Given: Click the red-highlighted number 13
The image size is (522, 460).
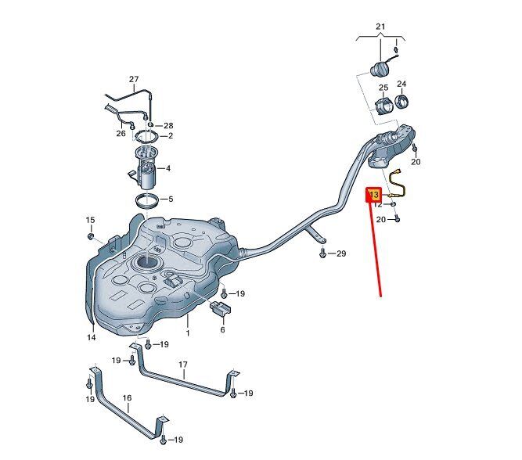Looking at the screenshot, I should tap(374, 194).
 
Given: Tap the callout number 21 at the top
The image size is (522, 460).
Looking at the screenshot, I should tap(381, 27).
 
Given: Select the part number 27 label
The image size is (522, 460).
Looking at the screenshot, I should tap(133, 79).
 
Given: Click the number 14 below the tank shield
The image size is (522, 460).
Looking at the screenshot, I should tap(91, 337).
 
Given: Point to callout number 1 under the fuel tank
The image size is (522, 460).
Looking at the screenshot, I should tap(188, 332).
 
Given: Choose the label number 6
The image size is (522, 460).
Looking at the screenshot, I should tap(222, 330).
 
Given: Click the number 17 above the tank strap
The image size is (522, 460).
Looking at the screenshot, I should tap(183, 365).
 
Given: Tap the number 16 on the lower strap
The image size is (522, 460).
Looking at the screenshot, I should tap(127, 397).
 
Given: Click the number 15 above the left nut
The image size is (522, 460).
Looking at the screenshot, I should tap(89, 220).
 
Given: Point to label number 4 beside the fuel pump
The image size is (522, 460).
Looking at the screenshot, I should tap(167, 167).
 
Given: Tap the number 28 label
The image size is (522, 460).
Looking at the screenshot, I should tap(167, 125).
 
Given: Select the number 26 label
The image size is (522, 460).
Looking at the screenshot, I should tap(121, 133).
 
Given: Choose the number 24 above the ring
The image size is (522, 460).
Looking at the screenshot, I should tap(401, 84).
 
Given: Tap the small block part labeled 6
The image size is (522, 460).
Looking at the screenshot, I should tap(222, 307).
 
